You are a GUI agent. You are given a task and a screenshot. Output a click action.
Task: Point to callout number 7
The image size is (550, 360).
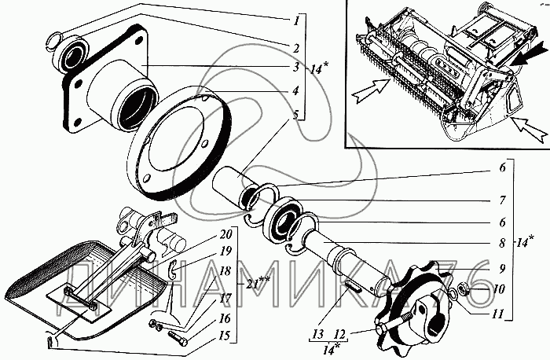(500, 200)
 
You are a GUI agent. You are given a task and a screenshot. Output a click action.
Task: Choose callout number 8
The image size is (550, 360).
(500, 245)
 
